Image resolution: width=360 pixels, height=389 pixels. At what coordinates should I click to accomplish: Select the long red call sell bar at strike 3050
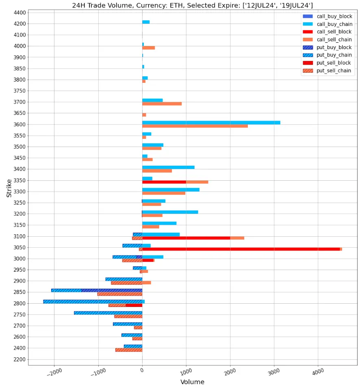[241, 249]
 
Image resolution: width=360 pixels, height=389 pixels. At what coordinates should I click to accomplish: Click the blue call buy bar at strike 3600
[211, 123]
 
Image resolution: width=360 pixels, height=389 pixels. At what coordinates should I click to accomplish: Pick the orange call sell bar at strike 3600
[195, 126]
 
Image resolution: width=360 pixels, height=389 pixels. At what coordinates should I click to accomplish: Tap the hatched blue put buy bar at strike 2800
[93, 302]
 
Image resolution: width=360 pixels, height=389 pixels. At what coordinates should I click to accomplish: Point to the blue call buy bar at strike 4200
[146, 22]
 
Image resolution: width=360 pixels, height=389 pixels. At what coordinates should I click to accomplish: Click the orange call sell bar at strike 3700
[162, 104]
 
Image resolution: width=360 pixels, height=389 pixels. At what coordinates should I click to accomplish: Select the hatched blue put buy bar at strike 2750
[108, 313]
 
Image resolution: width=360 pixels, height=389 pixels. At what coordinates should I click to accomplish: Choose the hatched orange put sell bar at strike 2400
[128, 350]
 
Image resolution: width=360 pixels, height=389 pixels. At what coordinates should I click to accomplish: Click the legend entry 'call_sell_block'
[334, 32]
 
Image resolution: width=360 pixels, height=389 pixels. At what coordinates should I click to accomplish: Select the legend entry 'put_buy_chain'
[334, 55]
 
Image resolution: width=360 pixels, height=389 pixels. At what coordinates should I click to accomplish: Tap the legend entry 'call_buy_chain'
[334, 24]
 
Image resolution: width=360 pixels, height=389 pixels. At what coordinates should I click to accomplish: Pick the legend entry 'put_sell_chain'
[334, 71]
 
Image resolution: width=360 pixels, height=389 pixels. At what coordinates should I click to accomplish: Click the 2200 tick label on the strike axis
[19, 359]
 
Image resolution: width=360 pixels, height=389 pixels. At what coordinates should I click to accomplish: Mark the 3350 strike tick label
[19, 180]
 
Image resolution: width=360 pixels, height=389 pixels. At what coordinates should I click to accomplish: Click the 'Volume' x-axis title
[192, 382]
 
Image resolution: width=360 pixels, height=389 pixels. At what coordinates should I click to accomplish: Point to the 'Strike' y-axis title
[9, 189]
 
